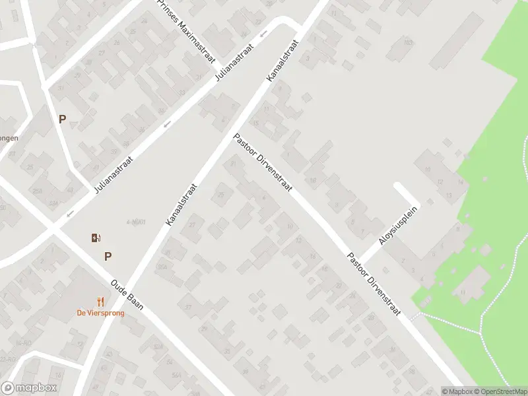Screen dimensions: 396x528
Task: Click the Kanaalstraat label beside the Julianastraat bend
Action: point(282,60)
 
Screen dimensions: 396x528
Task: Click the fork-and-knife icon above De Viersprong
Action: point(101,301)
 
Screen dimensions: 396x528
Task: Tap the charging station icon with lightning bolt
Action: point(96,238)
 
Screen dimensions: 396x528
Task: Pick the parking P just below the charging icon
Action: point(108,257)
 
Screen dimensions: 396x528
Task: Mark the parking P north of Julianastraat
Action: point(62,119)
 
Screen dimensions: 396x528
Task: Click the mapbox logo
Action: point(29,388)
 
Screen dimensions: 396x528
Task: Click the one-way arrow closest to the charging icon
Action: point(70,213)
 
